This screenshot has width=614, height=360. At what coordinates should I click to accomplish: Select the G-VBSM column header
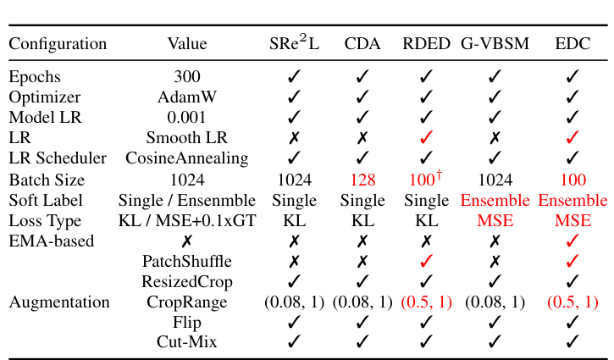[x=495, y=43]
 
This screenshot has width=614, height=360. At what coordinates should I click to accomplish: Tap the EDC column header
[x=573, y=43]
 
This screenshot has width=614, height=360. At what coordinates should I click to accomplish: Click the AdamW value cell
[x=187, y=97]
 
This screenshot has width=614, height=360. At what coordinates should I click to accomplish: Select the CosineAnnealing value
[x=187, y=158]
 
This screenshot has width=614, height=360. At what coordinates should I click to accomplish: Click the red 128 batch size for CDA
[x=362, y=180]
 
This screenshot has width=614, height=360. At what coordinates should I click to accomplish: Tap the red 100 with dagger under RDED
[x=426, y=180]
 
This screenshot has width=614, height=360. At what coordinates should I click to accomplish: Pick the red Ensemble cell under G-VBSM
[x=495, y=201]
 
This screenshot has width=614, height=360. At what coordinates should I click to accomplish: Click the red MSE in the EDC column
[x=573, y=221]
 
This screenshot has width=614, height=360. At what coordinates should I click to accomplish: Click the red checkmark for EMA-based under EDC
[x=573, y=241]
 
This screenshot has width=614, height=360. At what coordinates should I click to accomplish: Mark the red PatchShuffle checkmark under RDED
[x=426, y=262]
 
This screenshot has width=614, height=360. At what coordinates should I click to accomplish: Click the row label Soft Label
[x=45, y=201]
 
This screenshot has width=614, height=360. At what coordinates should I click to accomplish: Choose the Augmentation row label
[x=59, y=302]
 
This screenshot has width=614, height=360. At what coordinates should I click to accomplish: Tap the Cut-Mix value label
[x=187, y=342]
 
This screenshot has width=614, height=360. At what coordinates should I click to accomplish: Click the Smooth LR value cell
[x=187, y=138]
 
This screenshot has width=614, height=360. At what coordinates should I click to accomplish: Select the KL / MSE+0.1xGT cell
[x=187, y=221]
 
